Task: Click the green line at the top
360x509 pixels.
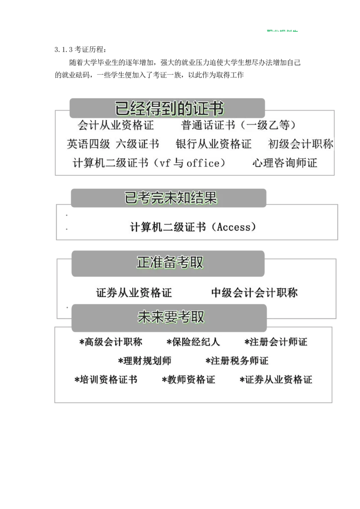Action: [282, 31]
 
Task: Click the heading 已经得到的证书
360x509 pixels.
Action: [170, 109]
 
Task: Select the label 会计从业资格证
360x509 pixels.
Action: [116, 125]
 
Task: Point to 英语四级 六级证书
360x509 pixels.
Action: [113, 144]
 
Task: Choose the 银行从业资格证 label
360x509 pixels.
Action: [214, 144]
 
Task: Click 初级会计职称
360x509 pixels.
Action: [301, 144]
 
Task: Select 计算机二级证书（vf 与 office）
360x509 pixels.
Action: [149, 163]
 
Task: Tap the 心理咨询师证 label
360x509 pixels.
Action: [284, 163]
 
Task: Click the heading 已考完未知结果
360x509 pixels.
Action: [171, 198]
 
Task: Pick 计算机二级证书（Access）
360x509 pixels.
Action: [193, 227]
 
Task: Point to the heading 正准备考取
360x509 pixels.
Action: [170, 263]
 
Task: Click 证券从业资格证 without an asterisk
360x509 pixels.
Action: [134, 293]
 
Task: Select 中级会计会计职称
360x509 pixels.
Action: [255, 293]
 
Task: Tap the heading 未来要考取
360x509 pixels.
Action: [171, 317]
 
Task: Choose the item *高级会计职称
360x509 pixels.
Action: [111, 342]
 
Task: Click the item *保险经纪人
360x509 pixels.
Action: [193, 342]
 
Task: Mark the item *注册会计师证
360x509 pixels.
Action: [275, 342]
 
